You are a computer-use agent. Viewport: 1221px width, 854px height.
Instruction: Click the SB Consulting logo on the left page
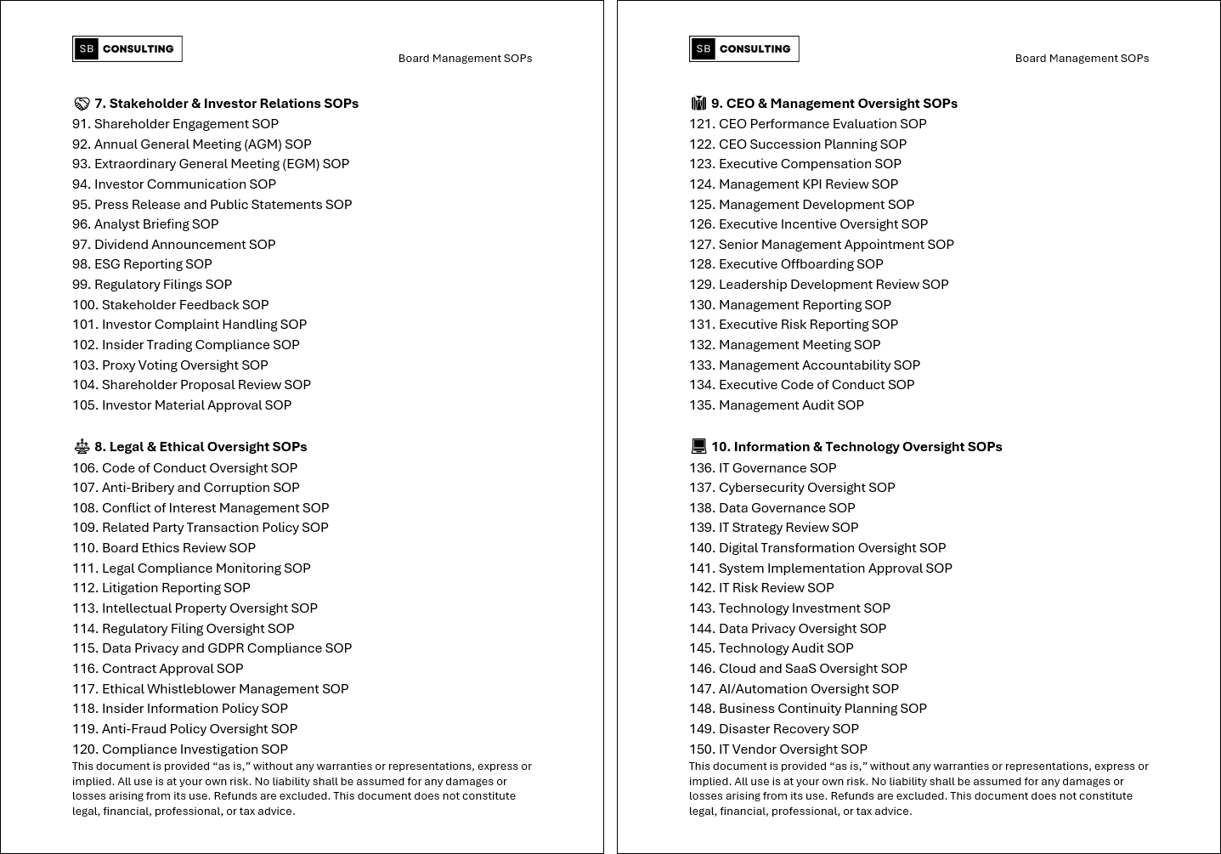click(x=127, y=49)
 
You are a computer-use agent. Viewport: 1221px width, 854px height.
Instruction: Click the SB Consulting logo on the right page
click(x=743, y=49)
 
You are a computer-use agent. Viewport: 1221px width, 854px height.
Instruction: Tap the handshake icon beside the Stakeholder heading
click(x=82, y=104)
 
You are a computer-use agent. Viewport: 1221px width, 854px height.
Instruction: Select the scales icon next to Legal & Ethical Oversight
click(x=82, y=447)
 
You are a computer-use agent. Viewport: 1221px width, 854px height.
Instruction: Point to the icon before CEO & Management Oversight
click(x=698, y=104)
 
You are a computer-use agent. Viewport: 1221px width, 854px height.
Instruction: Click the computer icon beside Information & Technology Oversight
click(x=698, y=447)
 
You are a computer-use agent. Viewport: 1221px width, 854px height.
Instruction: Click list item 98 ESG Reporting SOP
click(x=142, y=264)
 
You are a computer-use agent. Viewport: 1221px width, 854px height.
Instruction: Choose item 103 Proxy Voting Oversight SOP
click(x=170, y=365)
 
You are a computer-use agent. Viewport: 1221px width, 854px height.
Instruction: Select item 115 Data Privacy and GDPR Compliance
click(x=212, y=648)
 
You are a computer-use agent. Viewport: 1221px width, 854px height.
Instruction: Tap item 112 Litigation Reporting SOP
click(x=161, y=588)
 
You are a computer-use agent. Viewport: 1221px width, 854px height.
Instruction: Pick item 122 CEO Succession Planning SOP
click(x=798, y=144)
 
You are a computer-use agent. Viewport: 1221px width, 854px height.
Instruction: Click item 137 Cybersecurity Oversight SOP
click(x=792, y=488)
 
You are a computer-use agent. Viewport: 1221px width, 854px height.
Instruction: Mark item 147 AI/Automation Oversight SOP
click(x=794, y=689)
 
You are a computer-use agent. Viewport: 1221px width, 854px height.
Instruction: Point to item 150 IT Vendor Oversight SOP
click(x=778, y=749)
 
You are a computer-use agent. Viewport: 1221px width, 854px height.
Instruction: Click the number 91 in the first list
click(x=80, y=124)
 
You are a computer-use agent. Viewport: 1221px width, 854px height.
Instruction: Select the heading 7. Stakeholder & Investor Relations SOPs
click(x=226, y=104)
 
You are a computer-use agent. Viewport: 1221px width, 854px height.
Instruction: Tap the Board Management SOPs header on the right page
click(x=1082, y=59)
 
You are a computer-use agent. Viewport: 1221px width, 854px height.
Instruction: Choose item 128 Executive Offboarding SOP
click(x=786, y=264)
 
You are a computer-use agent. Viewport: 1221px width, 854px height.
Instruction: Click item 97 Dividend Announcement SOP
click(x=174, y=245)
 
